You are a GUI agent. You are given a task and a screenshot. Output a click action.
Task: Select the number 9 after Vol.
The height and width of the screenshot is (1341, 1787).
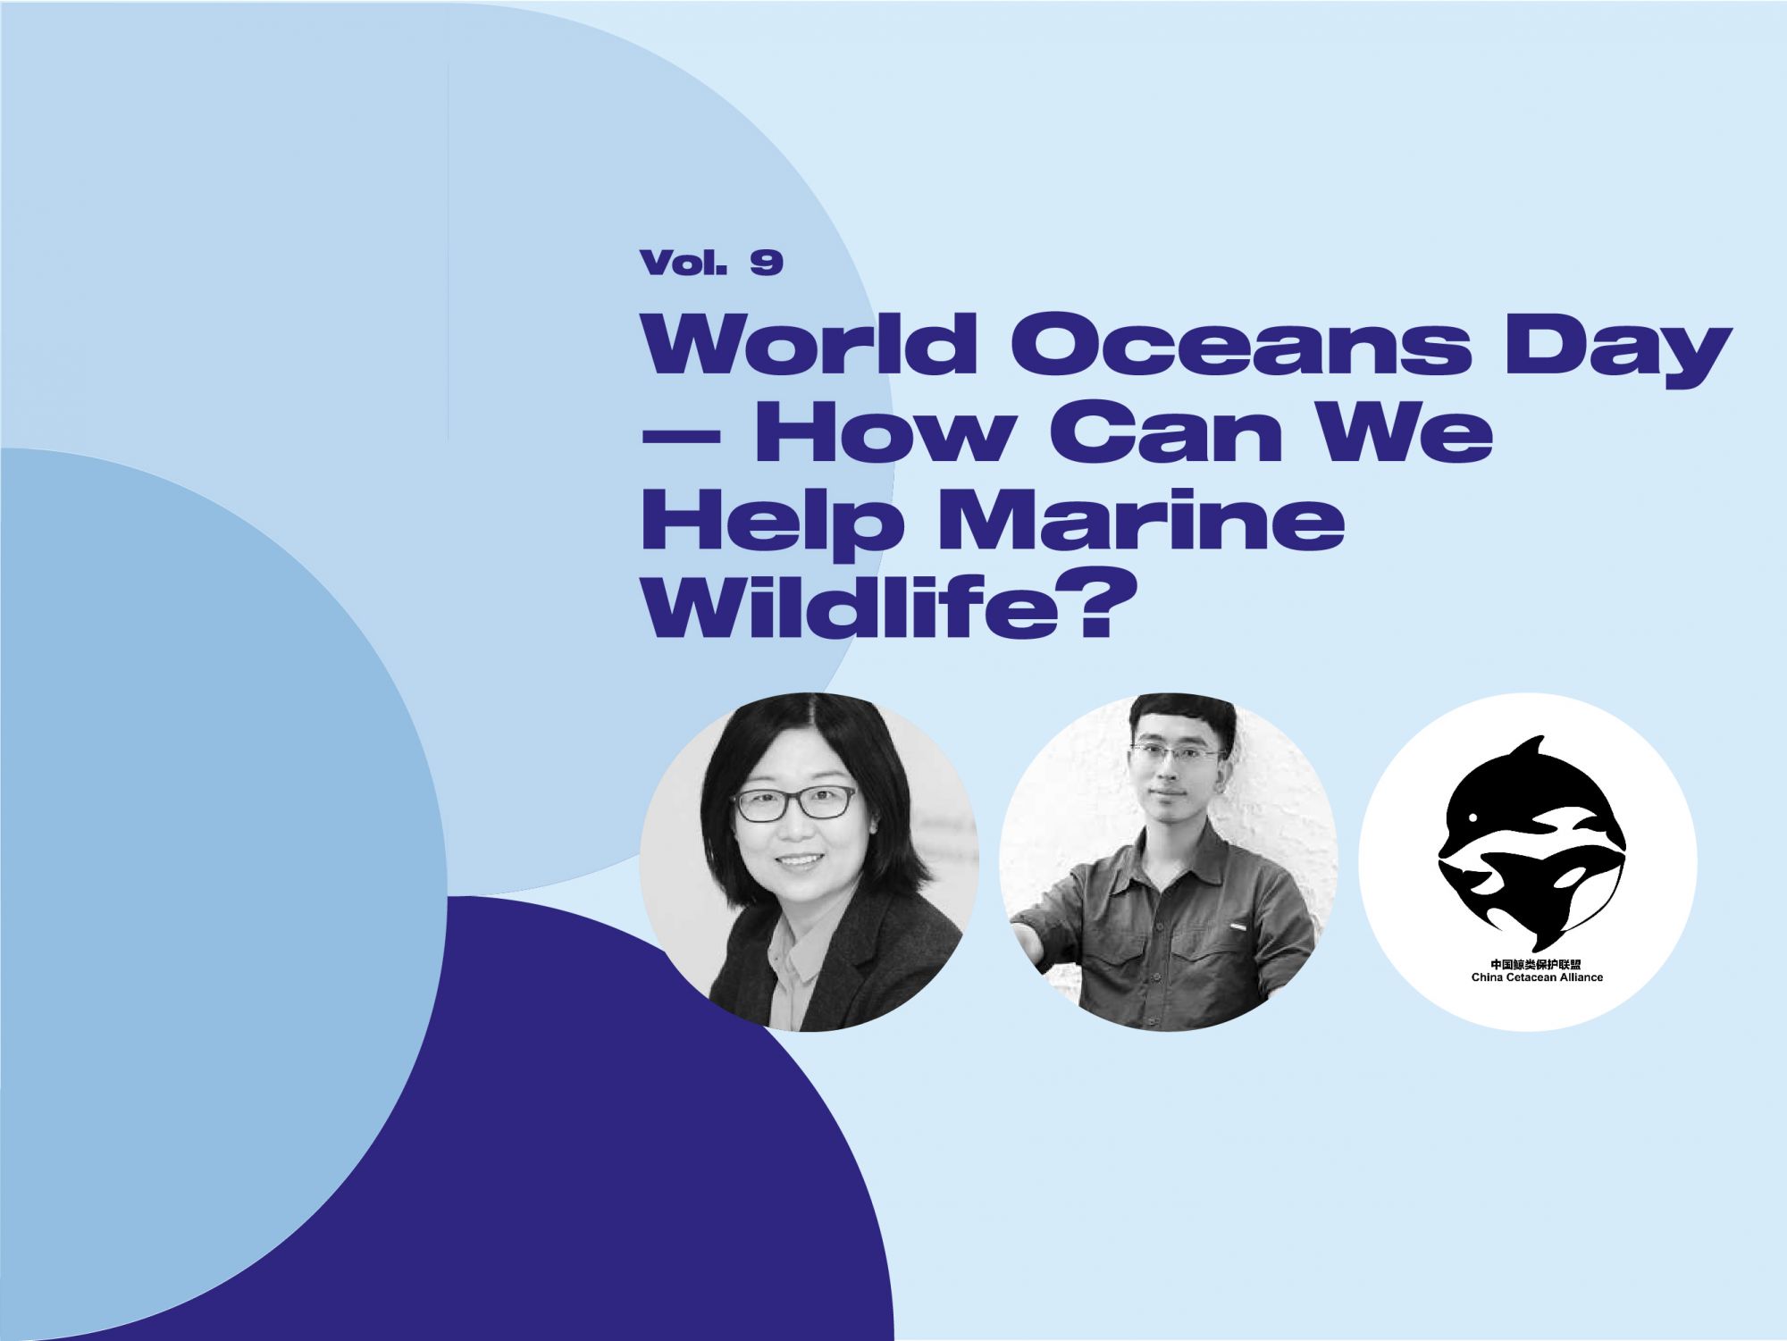[768, 263]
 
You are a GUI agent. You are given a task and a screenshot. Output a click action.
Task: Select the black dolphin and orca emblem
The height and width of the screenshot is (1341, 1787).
[1530, 844]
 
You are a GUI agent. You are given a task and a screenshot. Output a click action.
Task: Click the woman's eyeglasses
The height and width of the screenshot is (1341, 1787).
[794, 803]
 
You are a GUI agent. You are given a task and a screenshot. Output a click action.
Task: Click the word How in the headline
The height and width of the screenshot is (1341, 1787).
[896, 438]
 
